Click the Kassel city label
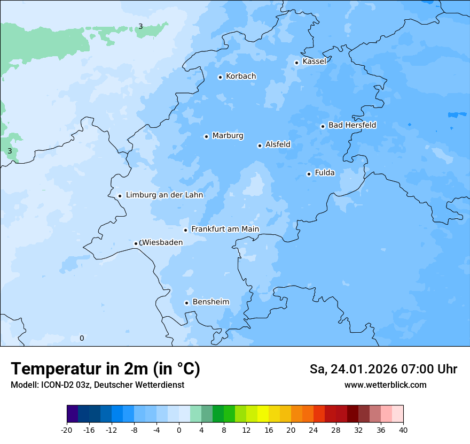click(314, 62)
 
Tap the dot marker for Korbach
click(220, 77)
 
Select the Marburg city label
click(228, 136)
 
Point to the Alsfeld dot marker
click(260, 146)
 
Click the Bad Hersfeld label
click(352, 125)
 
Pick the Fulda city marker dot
click(309, 174)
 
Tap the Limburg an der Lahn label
click(164, 195)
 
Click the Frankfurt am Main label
click(225, 229)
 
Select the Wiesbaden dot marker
click(136, 244)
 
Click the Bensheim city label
click(210, 302)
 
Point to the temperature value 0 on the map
click(82, 338)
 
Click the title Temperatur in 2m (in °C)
click(105, 369)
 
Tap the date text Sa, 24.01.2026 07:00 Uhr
click(383, 369)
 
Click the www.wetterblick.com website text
click(385, 385)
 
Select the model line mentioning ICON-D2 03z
click(97, 385)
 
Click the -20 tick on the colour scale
click(67, 430)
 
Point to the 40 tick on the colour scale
click(403, 430)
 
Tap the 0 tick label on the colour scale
click(179, 430)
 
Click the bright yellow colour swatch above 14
click(263, 415)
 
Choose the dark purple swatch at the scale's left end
click(72, 415)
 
